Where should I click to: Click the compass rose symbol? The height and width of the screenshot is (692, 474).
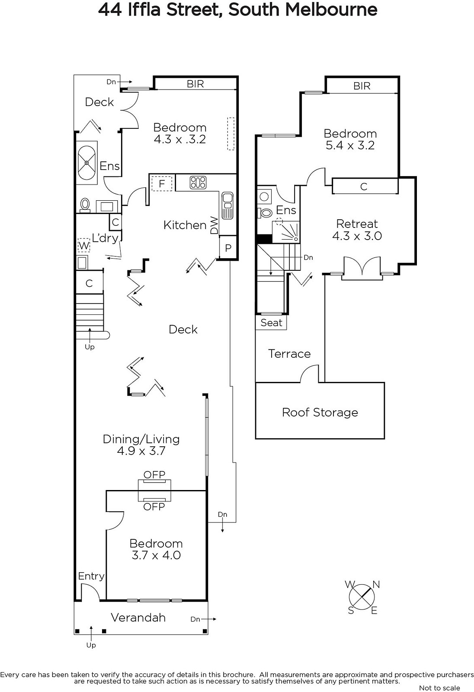coord(362,597)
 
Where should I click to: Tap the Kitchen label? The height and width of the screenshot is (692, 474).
coord(185,225)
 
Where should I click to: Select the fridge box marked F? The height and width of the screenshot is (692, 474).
coord(162,184)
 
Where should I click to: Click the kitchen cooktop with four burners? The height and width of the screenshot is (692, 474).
coord(198,183)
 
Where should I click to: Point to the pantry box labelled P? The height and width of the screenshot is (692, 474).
coord(228,248)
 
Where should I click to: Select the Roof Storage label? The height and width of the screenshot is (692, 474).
coord(320,413)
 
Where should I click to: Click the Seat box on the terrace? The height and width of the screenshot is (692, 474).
coord(271,323)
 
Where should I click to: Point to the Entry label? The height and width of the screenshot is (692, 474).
coord(91,576)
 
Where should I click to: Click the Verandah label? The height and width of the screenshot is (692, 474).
coord(138,618)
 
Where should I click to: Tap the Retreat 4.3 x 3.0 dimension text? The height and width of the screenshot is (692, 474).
coord(357,236)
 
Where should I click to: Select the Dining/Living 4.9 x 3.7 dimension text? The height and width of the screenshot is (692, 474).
coord(141,451)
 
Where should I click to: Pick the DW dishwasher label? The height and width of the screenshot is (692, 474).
coord(214,225)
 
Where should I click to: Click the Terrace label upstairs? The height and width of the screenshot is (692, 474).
coord(289,354)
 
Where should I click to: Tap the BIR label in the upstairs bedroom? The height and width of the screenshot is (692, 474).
coord(362,86)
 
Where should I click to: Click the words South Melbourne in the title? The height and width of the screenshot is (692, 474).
coord(303,10)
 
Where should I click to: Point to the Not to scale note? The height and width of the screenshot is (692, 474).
coord(439,688)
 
